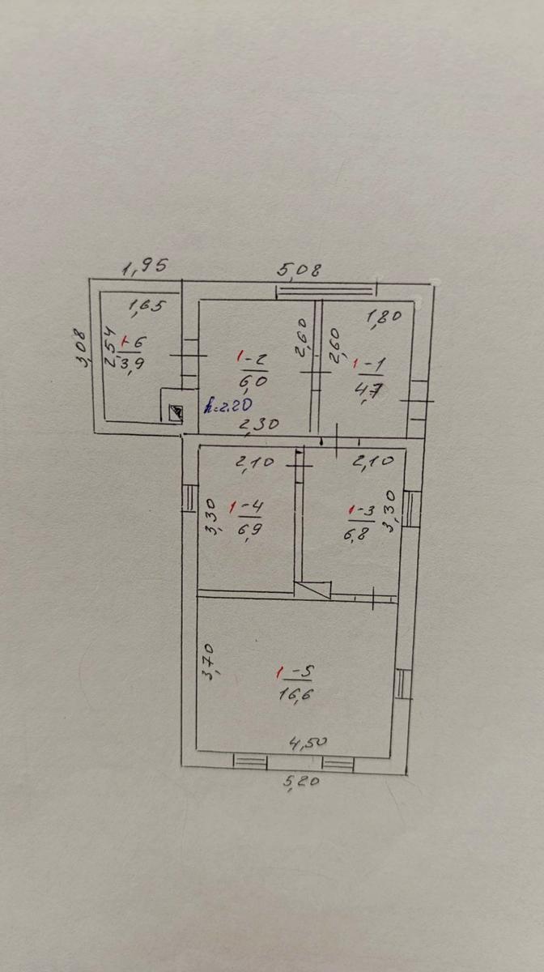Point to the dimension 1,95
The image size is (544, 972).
pyautogui.click(x=144, y=265)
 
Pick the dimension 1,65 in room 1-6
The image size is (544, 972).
pyautogui.click(x=148, y=305)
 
